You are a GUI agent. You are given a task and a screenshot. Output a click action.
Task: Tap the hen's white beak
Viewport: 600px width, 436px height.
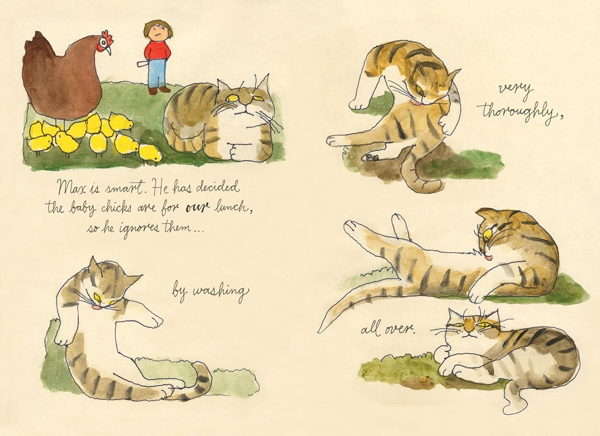pos(108,50)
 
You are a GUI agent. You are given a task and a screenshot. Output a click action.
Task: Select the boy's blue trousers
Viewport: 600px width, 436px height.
pos(158,73)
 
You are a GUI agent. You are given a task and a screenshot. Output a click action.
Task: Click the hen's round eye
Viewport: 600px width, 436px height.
pos(103,42)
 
